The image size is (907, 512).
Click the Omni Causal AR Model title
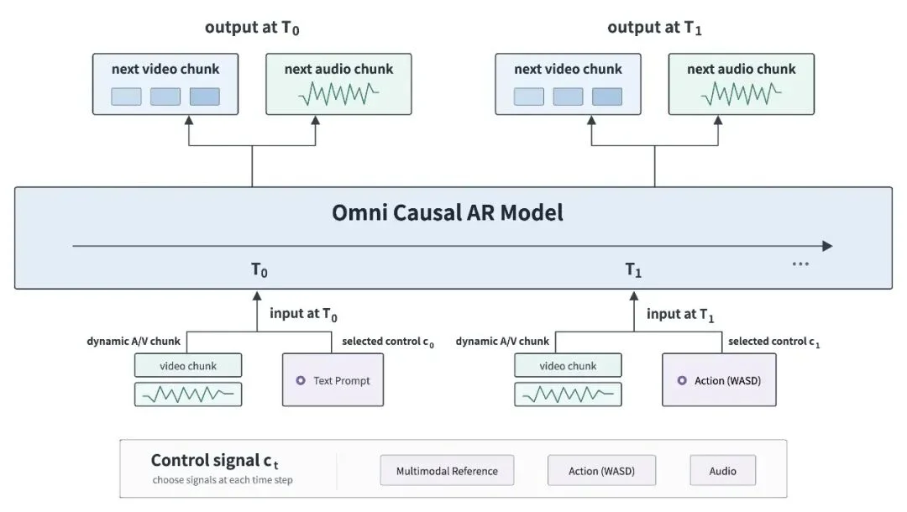(x=447, y=212)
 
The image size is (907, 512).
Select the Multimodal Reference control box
(x=447, y=470)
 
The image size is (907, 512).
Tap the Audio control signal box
(x=722, y=470)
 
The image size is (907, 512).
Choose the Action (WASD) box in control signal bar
(x=601, y=470)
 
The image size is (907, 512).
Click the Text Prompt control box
(x=333, y=379)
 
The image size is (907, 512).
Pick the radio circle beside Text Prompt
(x=301, y=380)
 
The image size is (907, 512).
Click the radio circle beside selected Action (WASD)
(x=682, y=380)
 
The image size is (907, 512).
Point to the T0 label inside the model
(x=260, y=270)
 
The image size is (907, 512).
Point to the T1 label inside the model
(x=633, y=270)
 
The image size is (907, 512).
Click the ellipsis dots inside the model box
(x=800, y=264)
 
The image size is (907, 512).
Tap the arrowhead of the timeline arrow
(x=828, y=246)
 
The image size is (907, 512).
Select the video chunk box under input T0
(x=188, y=365)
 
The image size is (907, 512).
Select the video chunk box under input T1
(x=568, y=365)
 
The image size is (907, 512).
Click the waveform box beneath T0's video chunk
(x=188, y=394)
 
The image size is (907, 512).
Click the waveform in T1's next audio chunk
(x=741, y=94)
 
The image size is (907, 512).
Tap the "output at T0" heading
(x=252, y=28)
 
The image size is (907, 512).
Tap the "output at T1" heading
(x=654, y=28)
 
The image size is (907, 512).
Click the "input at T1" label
(x=680, y=315)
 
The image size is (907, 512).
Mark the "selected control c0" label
(x=387, y=342)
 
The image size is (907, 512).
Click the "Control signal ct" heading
(x=215, y=461)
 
